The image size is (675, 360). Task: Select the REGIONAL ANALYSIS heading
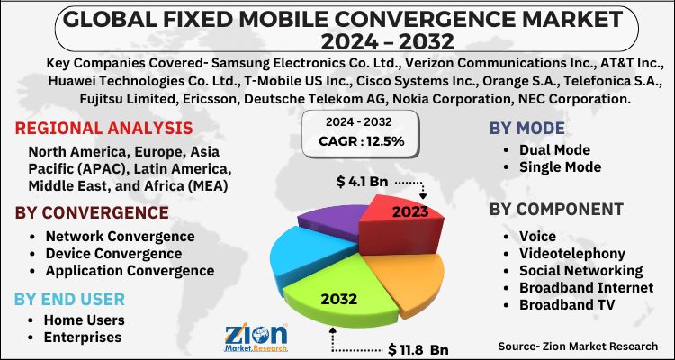pyautogui.click(x=103, y=127)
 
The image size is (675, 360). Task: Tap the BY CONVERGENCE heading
pyautogui.click(x=92, y=213)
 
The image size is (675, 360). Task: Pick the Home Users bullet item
pyautogui.click(x=83, y=319)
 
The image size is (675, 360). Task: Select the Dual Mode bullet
pyautogui.click(x=554, y=149)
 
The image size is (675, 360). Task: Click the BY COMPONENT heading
pyautogui.click(x=557, y=210)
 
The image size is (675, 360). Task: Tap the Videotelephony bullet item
pyautogui.click(x=568, y=253)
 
